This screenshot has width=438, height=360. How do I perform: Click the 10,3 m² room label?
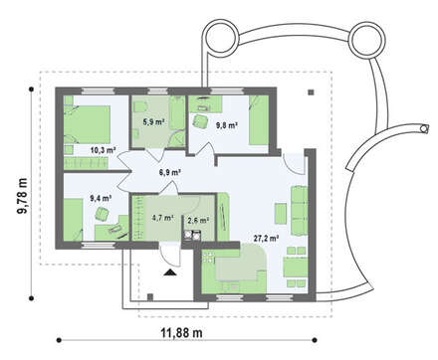point(103,150)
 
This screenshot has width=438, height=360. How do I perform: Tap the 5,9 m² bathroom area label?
point(154,121)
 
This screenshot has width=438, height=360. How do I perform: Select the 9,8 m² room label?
point(227,125)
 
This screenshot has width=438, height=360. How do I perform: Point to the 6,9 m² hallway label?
point(169,172)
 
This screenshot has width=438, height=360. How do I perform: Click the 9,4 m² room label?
point(101,198)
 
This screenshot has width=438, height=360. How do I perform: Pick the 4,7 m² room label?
point(163,218)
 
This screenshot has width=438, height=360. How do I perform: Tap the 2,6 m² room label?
point(198,220)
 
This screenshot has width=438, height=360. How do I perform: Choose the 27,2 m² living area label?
point(266,239)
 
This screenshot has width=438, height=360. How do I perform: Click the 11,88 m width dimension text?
point(182,332)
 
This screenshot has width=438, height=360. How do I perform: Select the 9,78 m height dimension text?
point(23,195)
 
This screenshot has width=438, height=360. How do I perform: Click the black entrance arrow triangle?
point(170,272)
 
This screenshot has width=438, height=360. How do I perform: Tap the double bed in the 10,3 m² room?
point(87,124)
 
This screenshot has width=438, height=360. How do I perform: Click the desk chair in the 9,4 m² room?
point(102,214)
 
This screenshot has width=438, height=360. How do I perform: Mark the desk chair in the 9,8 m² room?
point(200,120)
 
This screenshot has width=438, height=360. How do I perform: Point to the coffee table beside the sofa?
point(281,214)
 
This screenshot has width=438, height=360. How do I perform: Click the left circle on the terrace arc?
point(220,36)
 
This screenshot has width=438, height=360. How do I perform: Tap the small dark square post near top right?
point(311,92)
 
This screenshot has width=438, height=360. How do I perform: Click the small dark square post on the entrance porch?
point(150,296)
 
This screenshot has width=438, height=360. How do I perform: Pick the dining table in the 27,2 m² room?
point(296,268)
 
